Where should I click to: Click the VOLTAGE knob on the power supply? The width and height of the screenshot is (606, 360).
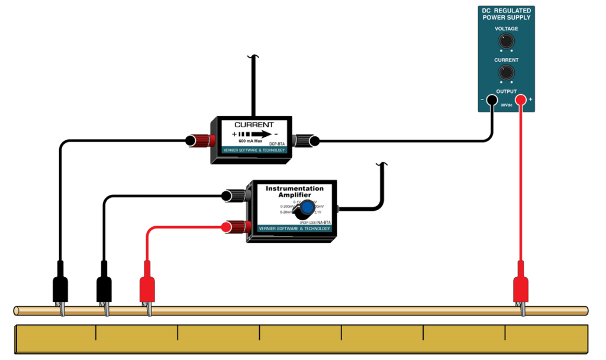(x=506, y=41)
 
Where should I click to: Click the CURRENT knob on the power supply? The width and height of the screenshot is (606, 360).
(x=506, y=72)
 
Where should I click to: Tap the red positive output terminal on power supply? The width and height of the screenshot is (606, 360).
(x=521, y=100)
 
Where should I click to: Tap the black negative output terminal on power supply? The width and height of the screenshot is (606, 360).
(x=491, y=100)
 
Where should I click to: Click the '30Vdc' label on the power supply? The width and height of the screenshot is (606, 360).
(x=506, y=105)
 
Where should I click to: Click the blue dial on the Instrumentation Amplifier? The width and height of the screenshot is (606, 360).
(x=306, y=208)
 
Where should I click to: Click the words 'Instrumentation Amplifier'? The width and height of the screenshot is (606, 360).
(x=294, y=192)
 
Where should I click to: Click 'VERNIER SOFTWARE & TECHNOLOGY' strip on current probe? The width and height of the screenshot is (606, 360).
(x=254, y=150)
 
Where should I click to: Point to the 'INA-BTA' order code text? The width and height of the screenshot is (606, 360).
(x=323, y=222)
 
